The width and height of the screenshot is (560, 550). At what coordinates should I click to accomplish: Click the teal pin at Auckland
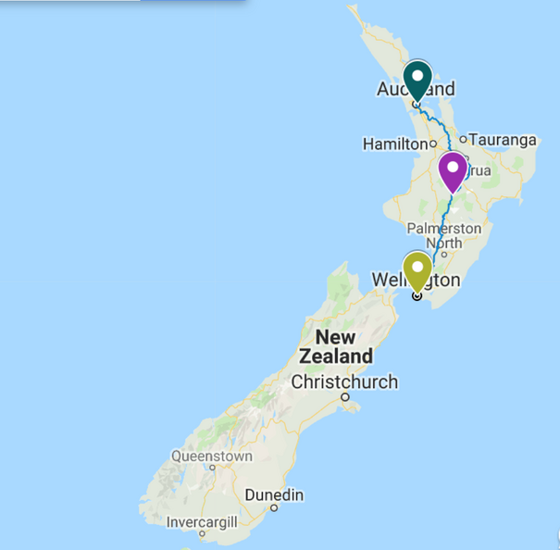[418, 78]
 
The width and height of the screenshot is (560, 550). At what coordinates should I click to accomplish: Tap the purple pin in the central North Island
[453, 170]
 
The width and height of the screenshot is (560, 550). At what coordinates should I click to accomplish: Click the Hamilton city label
[393, 144]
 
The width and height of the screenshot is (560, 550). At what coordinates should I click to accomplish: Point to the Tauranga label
[504, 140]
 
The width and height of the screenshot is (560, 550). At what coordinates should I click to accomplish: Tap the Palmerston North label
[444, 236]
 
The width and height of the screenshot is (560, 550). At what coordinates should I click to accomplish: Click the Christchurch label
[344, 381]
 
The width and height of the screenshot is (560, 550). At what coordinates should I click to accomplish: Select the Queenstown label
[212, 456]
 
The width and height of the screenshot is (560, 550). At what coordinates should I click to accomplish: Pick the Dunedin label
[274, 495]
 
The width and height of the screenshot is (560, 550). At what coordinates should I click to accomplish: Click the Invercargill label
[202, 522]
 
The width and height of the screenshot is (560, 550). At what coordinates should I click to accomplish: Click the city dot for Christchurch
[344, 398]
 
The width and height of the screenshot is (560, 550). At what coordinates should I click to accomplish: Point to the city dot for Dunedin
[274, 508]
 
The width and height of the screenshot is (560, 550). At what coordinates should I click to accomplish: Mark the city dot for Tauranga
[463, 140]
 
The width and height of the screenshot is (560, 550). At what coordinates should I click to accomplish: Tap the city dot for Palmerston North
[444, 254]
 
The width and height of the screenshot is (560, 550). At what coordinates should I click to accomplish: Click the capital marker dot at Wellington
[417, 296]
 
